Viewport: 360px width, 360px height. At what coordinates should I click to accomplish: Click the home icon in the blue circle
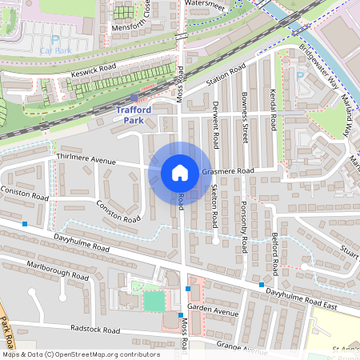[180, 173]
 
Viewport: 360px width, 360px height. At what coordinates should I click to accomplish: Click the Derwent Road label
[214, 123]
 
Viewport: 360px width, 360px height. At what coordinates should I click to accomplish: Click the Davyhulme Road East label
[314, 300]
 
